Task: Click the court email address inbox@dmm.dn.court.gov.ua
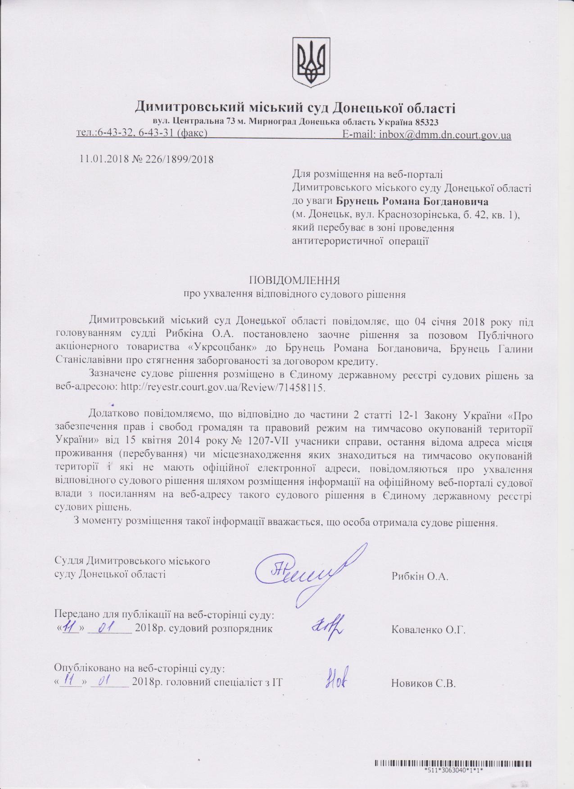pos(444,135)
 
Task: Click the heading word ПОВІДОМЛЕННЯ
pos(294,280)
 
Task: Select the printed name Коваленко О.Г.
pos(428,630)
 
